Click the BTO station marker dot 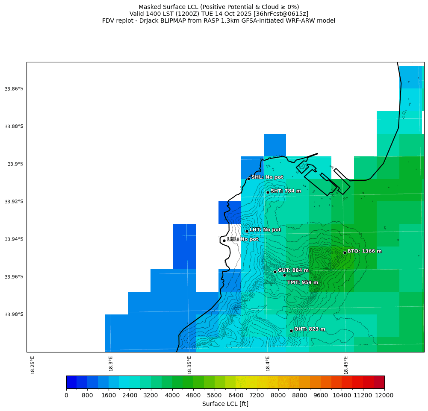pos(345,252)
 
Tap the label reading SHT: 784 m pos(286,191)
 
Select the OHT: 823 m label pos(310,329)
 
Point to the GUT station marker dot pos(275,272)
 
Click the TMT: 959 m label pos(302,282)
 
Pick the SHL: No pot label pos(267,177)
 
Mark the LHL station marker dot pos(224,241)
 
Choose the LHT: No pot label pos(265,230)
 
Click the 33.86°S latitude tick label pos(14,89)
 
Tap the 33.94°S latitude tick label pos(14,239)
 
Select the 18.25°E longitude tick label pos(33,365)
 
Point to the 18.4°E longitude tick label pos(268,365)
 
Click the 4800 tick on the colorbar pos(193,396)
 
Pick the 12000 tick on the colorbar pos(384,396)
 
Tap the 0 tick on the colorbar pos(66,396)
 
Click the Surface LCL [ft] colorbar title pos(225,404)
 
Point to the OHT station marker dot pos(291,331)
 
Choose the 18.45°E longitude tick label pos(346,365)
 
